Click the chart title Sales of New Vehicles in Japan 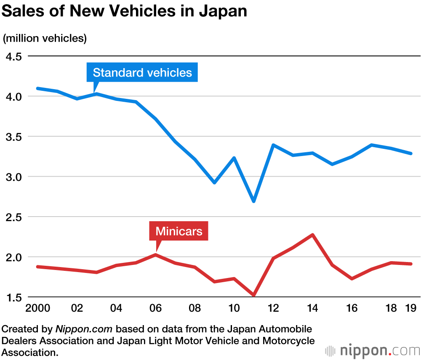124,11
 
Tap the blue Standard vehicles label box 142,72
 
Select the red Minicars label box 179,231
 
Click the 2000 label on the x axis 38,308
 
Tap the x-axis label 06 155,308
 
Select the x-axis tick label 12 273,308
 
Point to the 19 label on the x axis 410,308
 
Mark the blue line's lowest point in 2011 254,201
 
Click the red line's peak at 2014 312,235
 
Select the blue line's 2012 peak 273,145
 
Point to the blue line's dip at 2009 214,183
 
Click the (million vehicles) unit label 45,38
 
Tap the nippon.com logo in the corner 373,350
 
